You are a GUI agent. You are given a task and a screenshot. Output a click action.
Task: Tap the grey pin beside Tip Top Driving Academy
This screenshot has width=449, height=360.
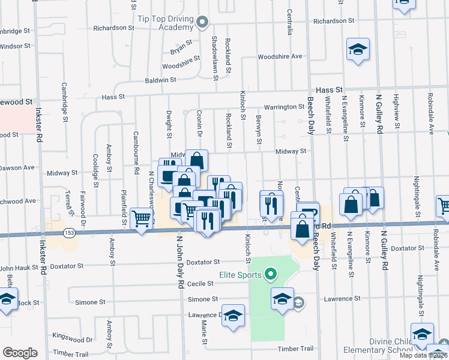pos(202,23)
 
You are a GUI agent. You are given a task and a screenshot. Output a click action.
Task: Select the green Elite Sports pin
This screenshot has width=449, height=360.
pos(270,275)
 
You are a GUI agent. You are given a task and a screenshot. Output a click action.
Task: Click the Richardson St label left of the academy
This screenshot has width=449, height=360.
pos(114,28)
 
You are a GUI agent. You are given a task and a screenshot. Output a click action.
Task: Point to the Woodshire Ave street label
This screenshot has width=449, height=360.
pos(280,56)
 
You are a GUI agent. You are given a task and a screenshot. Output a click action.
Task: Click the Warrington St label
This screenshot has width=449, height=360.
pos(285,107)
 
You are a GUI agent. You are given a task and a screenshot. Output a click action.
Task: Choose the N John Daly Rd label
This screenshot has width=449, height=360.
pos(179,262)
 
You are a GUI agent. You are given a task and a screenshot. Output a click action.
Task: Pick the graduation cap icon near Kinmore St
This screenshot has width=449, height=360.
pos(358,50)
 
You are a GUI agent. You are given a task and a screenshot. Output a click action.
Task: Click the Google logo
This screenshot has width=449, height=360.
pos(20,352)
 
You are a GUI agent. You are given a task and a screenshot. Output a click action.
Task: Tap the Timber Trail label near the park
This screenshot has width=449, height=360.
pos(295,349)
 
